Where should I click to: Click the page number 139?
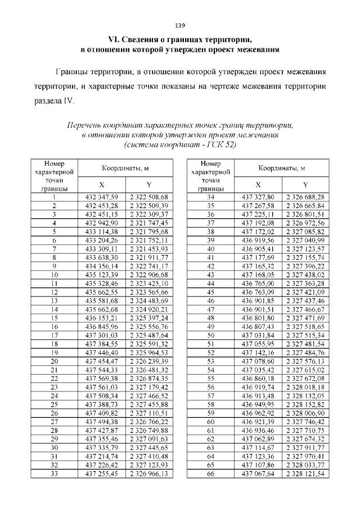pos(180,25)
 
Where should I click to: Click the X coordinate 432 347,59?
pos(101,197)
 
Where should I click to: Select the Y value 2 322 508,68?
pos(148,197)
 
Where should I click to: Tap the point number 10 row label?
pos(55,274)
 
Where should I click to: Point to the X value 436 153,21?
pos(101,318)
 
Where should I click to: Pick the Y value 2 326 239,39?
pos(148,361)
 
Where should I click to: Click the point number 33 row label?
pos(55,474)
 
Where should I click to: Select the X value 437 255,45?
pos(101,474)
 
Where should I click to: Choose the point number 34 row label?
pos(211,197)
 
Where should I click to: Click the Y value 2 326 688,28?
pos(305,197)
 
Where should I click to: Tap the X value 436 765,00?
pos(258,283)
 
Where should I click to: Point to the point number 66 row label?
pos(211,474)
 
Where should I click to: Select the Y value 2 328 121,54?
pos(305,474)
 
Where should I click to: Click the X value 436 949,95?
pos(258,404)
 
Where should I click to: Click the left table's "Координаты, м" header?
pos(125,168)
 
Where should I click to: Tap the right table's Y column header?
pos(305,184)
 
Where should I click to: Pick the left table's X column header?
pos(101,184)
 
